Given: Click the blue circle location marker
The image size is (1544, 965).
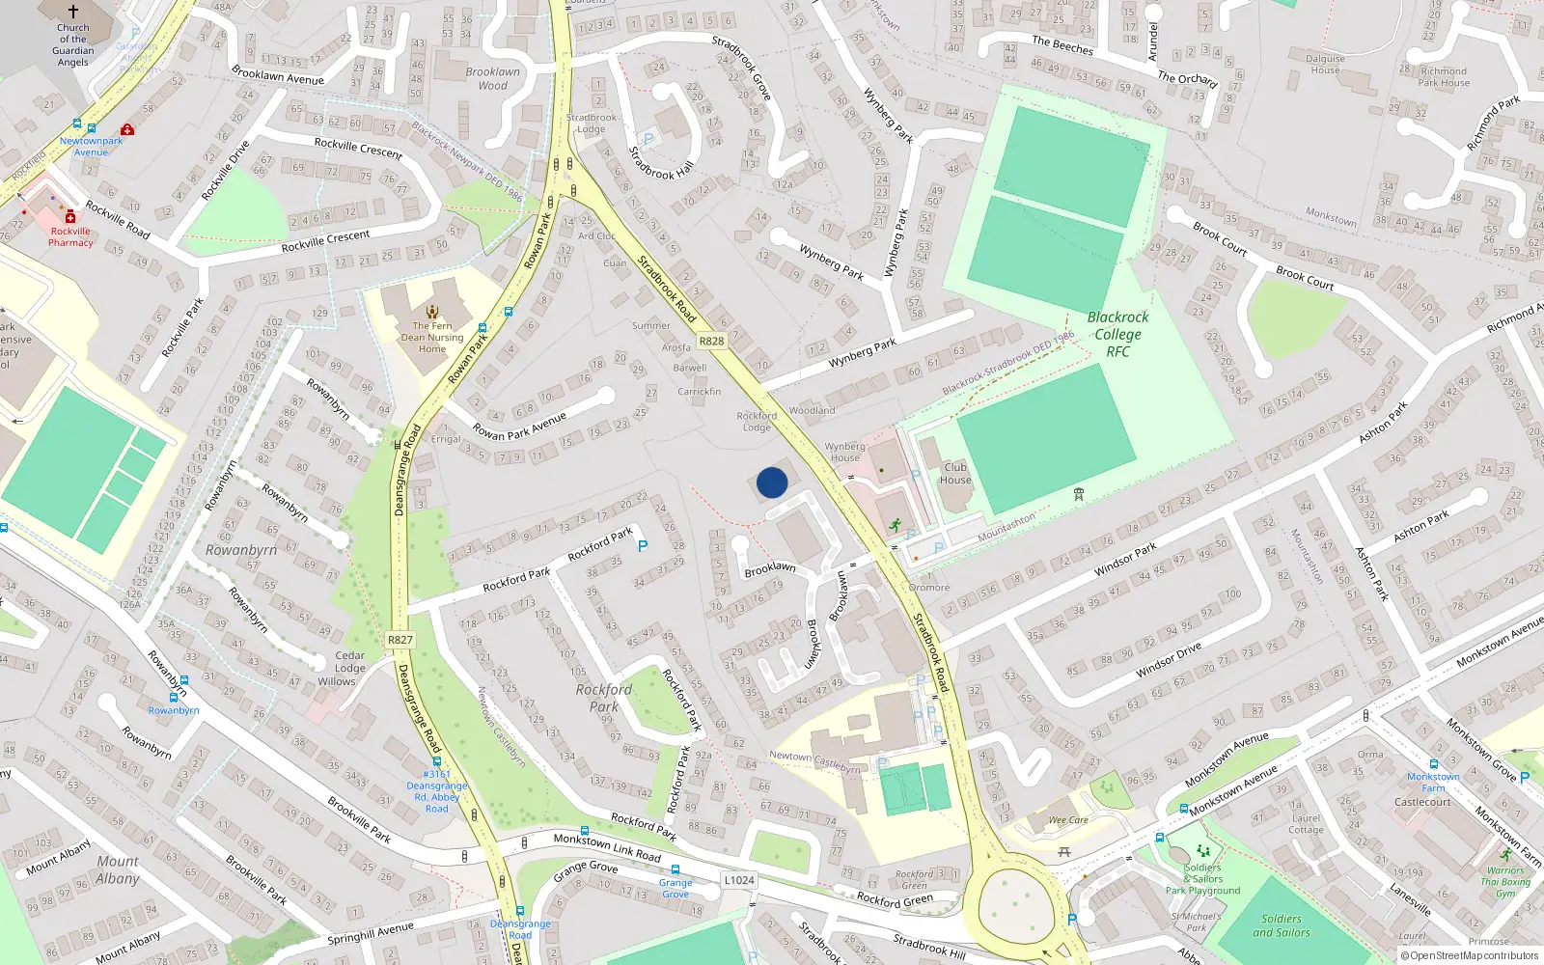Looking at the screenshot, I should coord(772,482).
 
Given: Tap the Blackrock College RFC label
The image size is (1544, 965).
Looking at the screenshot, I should coord(1117,334).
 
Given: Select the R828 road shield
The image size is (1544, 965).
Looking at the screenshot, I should coord(711,342).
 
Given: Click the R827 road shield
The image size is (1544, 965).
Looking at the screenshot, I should coord(400,640).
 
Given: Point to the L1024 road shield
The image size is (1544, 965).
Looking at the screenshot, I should coord(739,880).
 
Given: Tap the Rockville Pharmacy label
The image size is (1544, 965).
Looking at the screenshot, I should coord(70,236).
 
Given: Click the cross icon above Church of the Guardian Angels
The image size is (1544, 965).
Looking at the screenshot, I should coord(72,13).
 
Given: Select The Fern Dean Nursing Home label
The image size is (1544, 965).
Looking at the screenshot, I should coord(432,337).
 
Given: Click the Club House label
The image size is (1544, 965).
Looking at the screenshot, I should coord(955,473).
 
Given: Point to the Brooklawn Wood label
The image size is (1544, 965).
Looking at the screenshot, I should coord(492,78).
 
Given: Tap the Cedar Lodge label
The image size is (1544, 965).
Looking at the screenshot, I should coord(349,661).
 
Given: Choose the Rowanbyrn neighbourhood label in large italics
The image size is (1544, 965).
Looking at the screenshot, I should coord(241,550).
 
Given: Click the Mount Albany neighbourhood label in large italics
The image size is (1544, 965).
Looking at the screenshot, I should coord(118,869).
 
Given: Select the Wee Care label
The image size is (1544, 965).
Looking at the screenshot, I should coord(1068,820).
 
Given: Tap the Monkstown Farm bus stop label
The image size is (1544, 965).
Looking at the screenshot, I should coord(1433,782).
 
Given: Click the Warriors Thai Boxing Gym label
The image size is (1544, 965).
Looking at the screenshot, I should coord(1505,881).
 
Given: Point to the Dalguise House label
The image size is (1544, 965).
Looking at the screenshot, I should coord(1325,64).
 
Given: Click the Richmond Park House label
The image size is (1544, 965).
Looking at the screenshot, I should coord(1444,76).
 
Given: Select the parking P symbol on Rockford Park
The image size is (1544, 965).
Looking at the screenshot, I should coord(643,546).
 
